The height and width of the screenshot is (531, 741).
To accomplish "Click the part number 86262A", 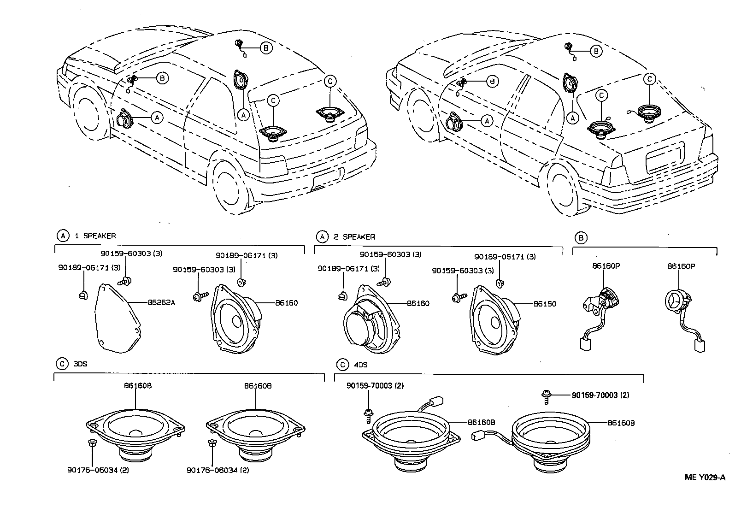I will pos(162,303).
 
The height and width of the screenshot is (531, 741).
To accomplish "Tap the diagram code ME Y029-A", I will pos(705,477).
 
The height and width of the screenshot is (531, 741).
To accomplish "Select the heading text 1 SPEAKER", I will pos(95,236).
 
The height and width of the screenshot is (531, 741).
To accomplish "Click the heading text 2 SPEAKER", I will pos(354,237).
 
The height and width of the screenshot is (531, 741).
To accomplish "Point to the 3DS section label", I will pos(80,364).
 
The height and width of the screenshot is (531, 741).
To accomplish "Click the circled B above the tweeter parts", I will pos(582,238).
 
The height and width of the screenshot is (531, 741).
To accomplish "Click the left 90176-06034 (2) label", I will pos(94,470).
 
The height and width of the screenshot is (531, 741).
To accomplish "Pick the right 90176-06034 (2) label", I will pos(218,470).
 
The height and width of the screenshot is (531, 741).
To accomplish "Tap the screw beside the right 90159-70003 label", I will pos(547,395).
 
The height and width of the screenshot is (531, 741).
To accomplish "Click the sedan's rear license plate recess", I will pos(664,157).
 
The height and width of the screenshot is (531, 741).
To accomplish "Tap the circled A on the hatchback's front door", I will pos(157,118).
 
